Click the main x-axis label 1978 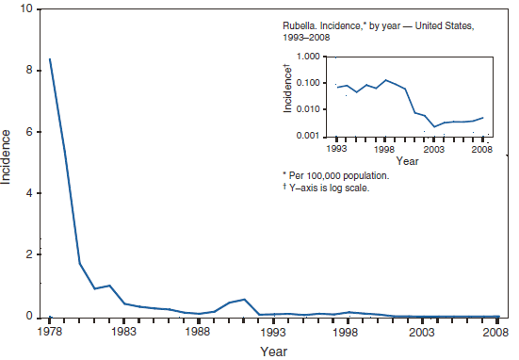coord(50,333)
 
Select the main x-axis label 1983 coord(123,333)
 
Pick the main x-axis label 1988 coord(197,333)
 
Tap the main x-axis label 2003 coord(420,333)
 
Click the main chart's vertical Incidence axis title coord(8,162)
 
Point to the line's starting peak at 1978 coord(50,59)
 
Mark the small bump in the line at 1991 coord(244,299)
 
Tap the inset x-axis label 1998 coord(384,150)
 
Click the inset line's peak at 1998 coord(384,80)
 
